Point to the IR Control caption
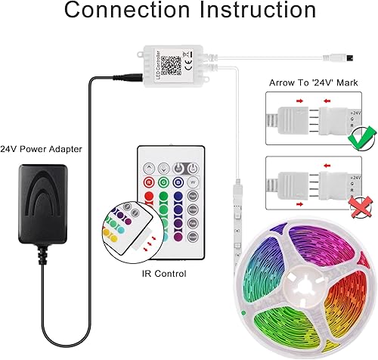(x=166, y=274)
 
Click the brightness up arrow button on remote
(x=150, y=168)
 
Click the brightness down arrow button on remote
(x=164, y=168)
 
